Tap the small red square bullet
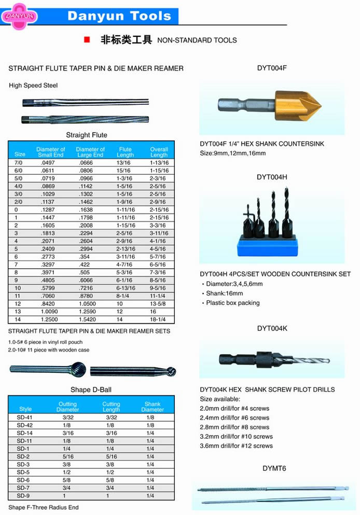87,39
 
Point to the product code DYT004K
272,328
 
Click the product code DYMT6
274,468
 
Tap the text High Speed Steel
33,86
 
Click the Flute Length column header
125,152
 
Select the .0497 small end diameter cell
48,162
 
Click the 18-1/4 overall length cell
158,320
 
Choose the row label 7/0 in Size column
18,162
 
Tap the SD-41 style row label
24,417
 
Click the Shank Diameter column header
152,407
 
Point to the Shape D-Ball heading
91,389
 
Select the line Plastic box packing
233,303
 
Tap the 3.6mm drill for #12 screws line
236,446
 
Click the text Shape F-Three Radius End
44,507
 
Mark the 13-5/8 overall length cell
158,303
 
